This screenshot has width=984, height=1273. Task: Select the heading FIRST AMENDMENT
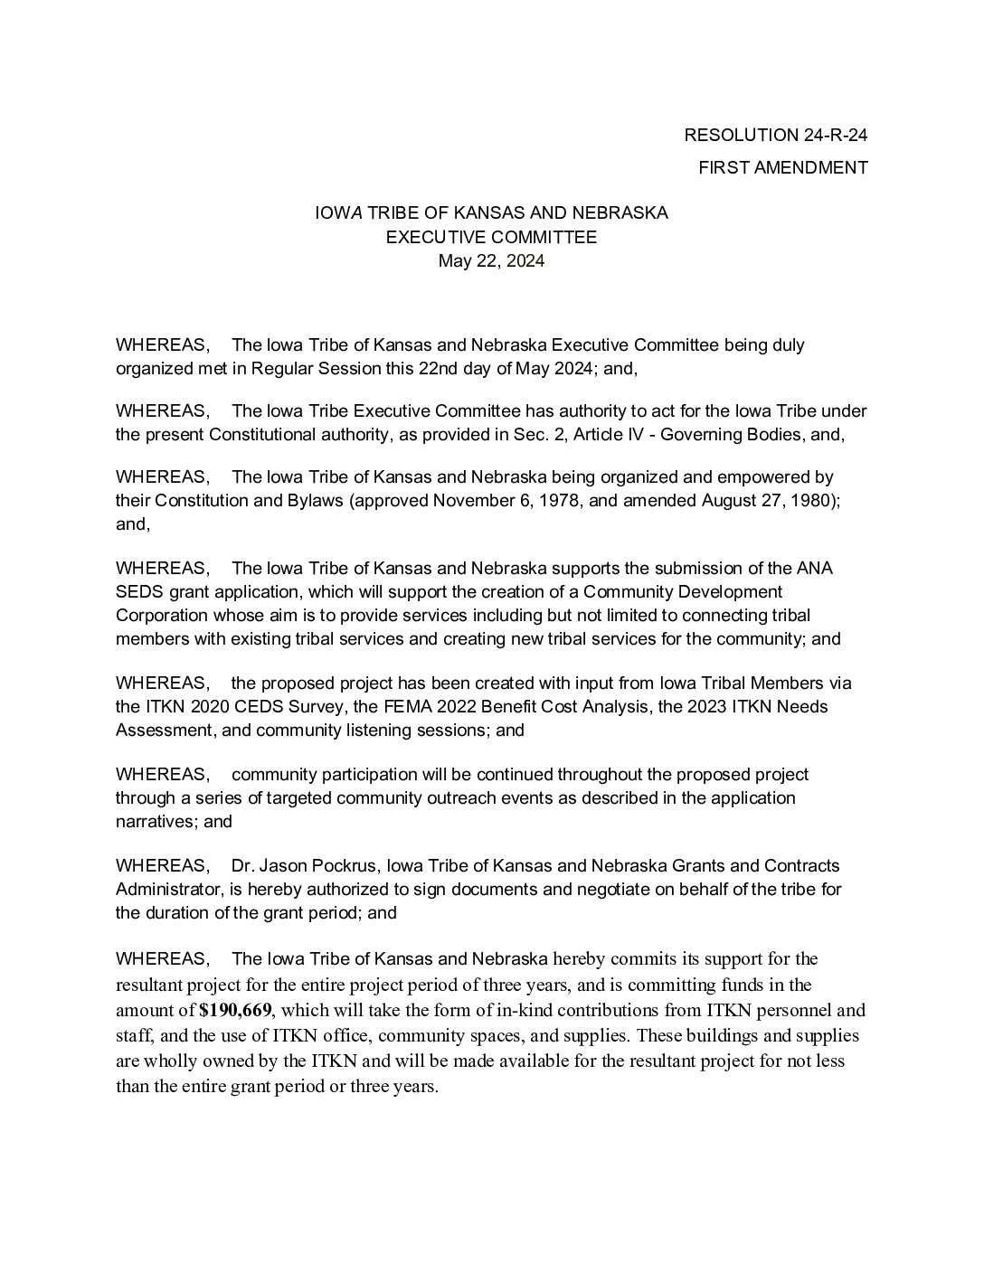coord(783,167)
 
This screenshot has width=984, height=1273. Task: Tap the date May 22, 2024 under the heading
coord(491,261)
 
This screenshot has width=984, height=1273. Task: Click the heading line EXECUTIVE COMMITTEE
coord(491,238)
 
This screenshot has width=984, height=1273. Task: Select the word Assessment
coord(161,730)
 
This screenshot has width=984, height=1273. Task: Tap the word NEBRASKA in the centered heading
coord(622,213)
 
